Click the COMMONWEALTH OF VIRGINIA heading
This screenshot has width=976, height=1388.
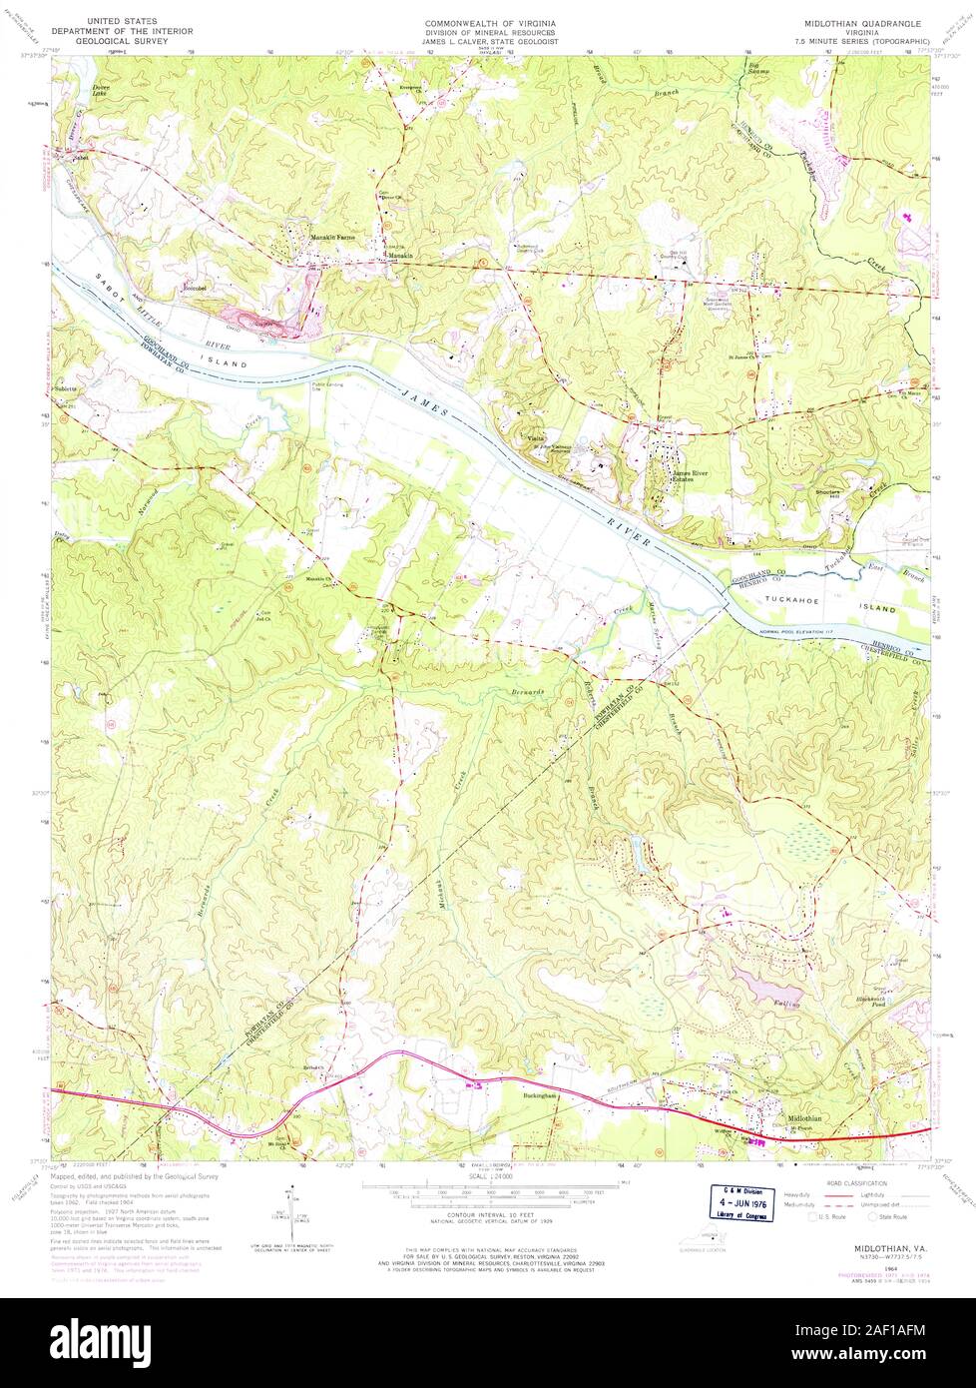tap(489, 21)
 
